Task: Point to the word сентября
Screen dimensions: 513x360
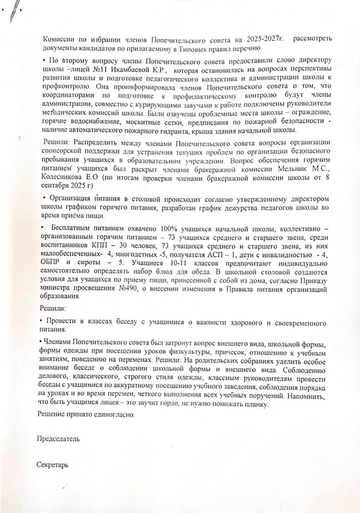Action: [54, 186]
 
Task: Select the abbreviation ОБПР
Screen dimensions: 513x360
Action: [51, 263]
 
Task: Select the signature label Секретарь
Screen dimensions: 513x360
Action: [53, 465]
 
